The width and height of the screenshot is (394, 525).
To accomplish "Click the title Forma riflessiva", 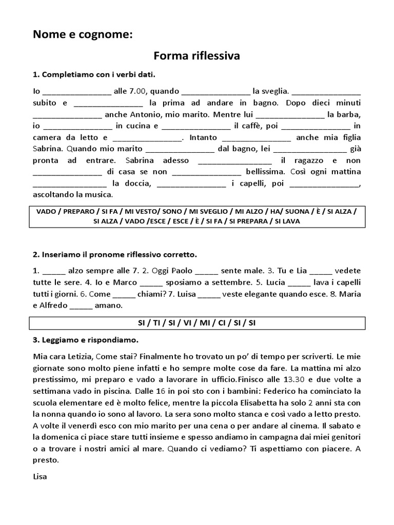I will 197,55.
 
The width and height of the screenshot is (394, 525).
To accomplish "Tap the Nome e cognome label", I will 82,34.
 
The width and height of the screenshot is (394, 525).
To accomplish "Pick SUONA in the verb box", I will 298,211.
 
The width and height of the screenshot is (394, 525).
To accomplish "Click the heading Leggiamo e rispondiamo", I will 85,340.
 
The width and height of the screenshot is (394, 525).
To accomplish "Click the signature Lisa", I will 40,476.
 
